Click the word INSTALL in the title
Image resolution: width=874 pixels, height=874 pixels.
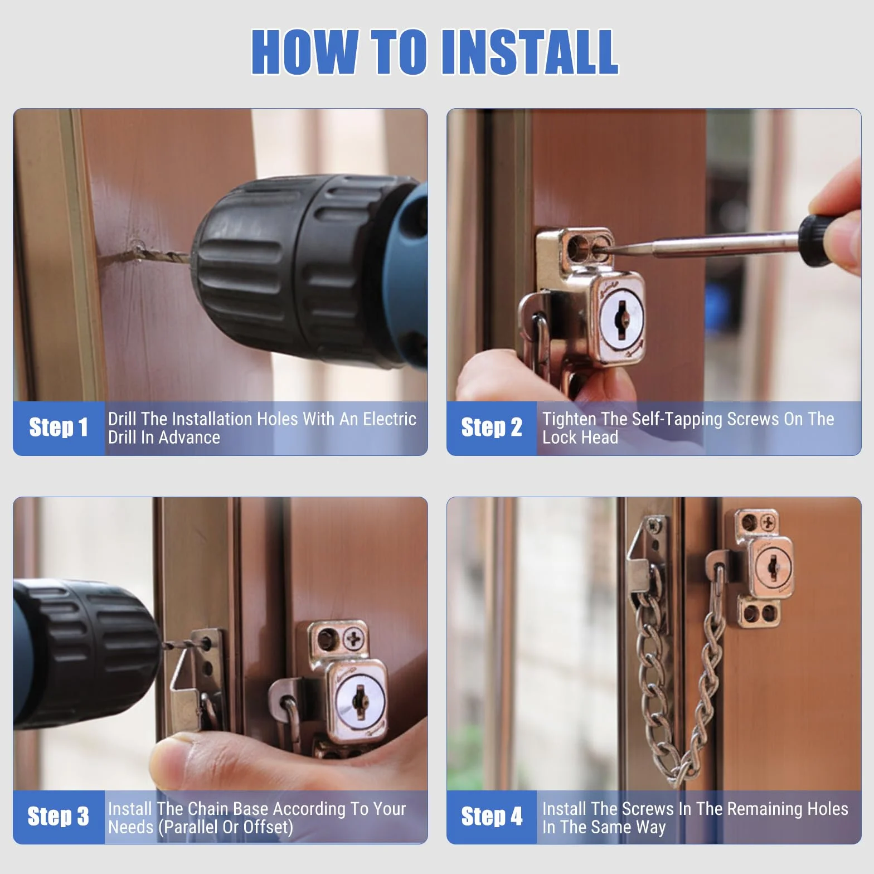[x=530, y=51]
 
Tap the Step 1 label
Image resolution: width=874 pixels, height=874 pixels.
[x=59, y=428]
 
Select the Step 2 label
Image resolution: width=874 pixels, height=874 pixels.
[x=492, y=428]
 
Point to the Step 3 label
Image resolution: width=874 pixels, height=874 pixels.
[x=58, y=817]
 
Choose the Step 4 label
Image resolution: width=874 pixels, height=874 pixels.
[x=492, y=817]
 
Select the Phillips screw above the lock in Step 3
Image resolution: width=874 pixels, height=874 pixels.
[x=353, y=638]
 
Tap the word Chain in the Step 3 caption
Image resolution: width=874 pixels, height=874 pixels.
[x=209, y=809]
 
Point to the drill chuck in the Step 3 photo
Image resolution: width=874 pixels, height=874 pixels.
[x=84, y=652]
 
